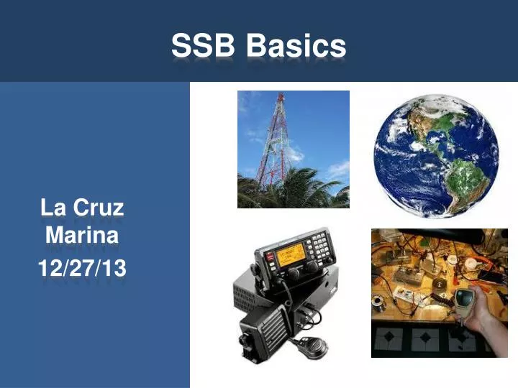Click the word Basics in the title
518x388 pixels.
point(296,47)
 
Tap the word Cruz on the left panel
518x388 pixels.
point(99,208)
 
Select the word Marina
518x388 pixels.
point(81,235)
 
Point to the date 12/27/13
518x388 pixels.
point(81,268)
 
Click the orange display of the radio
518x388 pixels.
point(290,254)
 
